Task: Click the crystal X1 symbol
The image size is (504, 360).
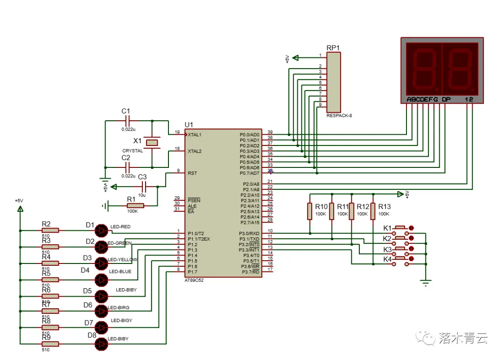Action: (x=152, y=142)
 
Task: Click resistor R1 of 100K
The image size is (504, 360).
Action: (x=135, y=206)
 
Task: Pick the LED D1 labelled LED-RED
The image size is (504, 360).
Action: (x=101, y=230)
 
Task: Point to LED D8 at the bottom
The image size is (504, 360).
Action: (x=101, y=344)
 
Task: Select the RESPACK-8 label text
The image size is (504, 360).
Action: (x=339, y=115)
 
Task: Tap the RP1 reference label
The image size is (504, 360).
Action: (x=333, y=48)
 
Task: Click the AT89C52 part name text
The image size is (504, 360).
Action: (x=194, y=280)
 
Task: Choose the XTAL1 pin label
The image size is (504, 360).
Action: (x=195, y=135)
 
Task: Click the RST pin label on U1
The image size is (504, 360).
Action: (x=192, y=173)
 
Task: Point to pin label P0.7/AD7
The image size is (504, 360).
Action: (x=249, y=173)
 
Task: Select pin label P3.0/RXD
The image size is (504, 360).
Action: (x=249, y=234)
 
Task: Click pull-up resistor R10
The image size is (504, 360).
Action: (x=309, y=211)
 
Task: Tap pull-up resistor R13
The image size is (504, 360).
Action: (x=373, y=211)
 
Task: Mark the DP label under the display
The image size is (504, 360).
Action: (x=446, y=99)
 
